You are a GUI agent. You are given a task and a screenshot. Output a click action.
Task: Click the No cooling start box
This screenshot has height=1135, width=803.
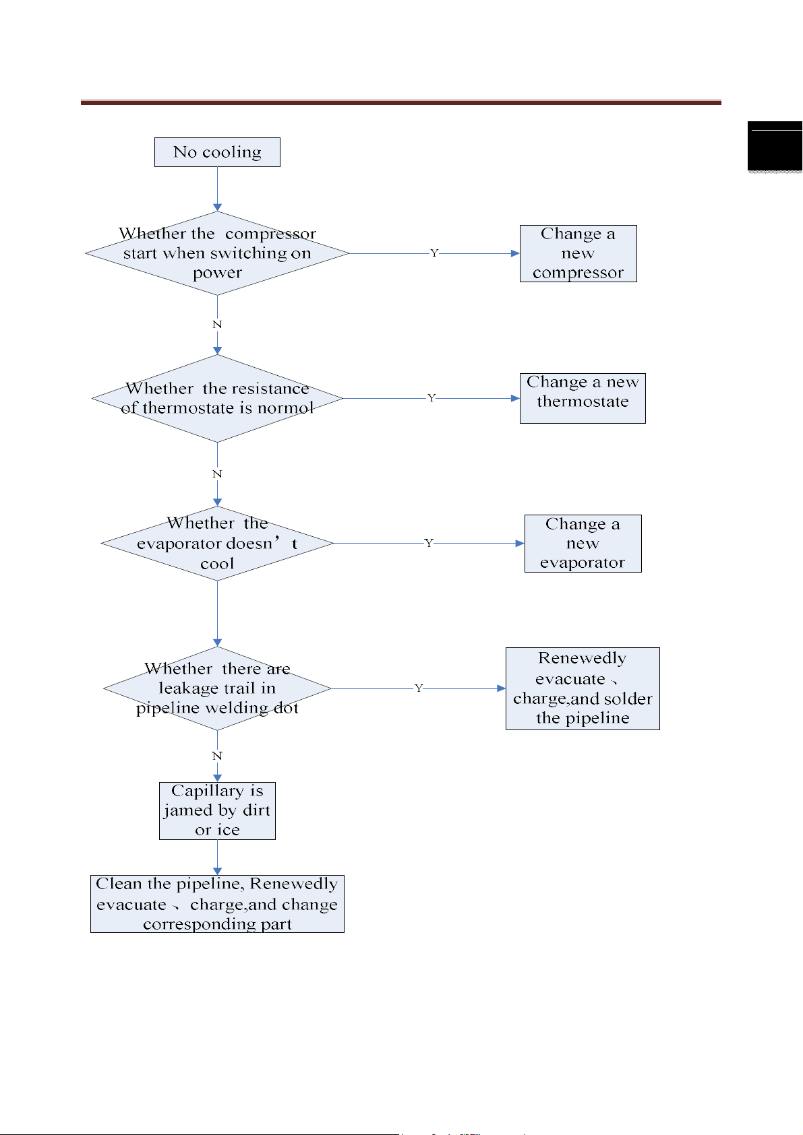coord(217,152)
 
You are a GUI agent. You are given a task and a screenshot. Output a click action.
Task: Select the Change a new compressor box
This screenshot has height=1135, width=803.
coord(578,253)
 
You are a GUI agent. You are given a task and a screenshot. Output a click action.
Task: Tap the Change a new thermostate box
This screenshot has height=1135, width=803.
coord(583,398)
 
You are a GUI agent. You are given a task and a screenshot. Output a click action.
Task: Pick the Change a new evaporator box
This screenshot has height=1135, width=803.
coord(583,543)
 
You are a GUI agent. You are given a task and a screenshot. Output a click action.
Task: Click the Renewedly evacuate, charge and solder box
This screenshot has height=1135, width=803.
coord(583,688)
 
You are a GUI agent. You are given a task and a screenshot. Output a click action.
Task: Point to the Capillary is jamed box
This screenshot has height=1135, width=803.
coord(217,811)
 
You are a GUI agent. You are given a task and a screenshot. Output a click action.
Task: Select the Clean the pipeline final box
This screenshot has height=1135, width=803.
coord(217,904)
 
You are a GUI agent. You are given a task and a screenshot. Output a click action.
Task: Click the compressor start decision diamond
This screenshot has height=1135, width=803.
coord(217,253)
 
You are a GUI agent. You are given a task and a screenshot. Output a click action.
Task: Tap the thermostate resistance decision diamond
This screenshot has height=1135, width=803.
coord(217,398)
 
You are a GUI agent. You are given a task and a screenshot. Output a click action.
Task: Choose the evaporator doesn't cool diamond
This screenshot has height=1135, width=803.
coord(217,543)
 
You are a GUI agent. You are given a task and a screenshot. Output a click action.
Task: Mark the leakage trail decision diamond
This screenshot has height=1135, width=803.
coord(217,688)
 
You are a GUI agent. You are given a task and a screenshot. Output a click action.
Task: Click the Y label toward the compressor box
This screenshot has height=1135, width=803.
coord(434,253)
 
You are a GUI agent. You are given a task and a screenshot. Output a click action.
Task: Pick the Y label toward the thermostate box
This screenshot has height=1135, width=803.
coord(432,398)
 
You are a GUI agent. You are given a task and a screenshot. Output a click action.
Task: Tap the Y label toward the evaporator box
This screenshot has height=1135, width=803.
coord(429,543)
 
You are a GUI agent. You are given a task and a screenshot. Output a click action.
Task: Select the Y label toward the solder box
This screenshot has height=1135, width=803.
coord(419,688)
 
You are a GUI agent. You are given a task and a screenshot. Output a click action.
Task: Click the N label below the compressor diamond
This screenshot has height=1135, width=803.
coord(217,324)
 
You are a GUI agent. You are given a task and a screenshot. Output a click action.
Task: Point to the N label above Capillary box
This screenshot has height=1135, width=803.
coord(217,756)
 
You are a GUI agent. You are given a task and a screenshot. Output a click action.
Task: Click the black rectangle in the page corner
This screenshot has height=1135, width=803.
coord(775,146)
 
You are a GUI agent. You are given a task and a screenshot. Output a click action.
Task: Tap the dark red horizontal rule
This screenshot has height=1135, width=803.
coord(400,102)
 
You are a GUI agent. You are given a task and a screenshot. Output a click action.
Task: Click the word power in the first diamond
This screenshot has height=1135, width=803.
coord(217,273)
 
